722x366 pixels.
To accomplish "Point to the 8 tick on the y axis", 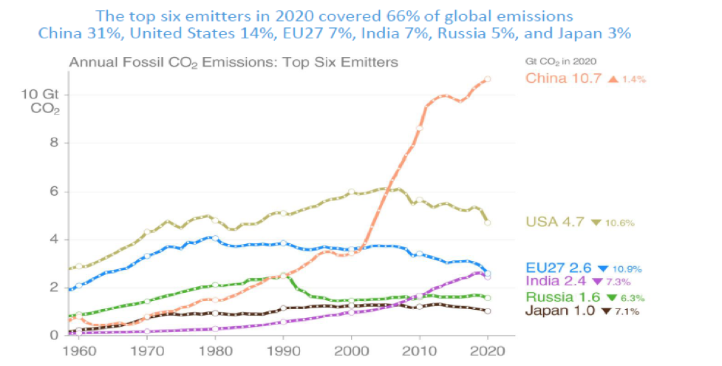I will point(54,143).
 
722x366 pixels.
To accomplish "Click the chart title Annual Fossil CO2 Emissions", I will point(234,62).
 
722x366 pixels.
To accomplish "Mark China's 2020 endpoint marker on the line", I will point(488,79).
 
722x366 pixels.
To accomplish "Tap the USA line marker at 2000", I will point(352,192).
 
